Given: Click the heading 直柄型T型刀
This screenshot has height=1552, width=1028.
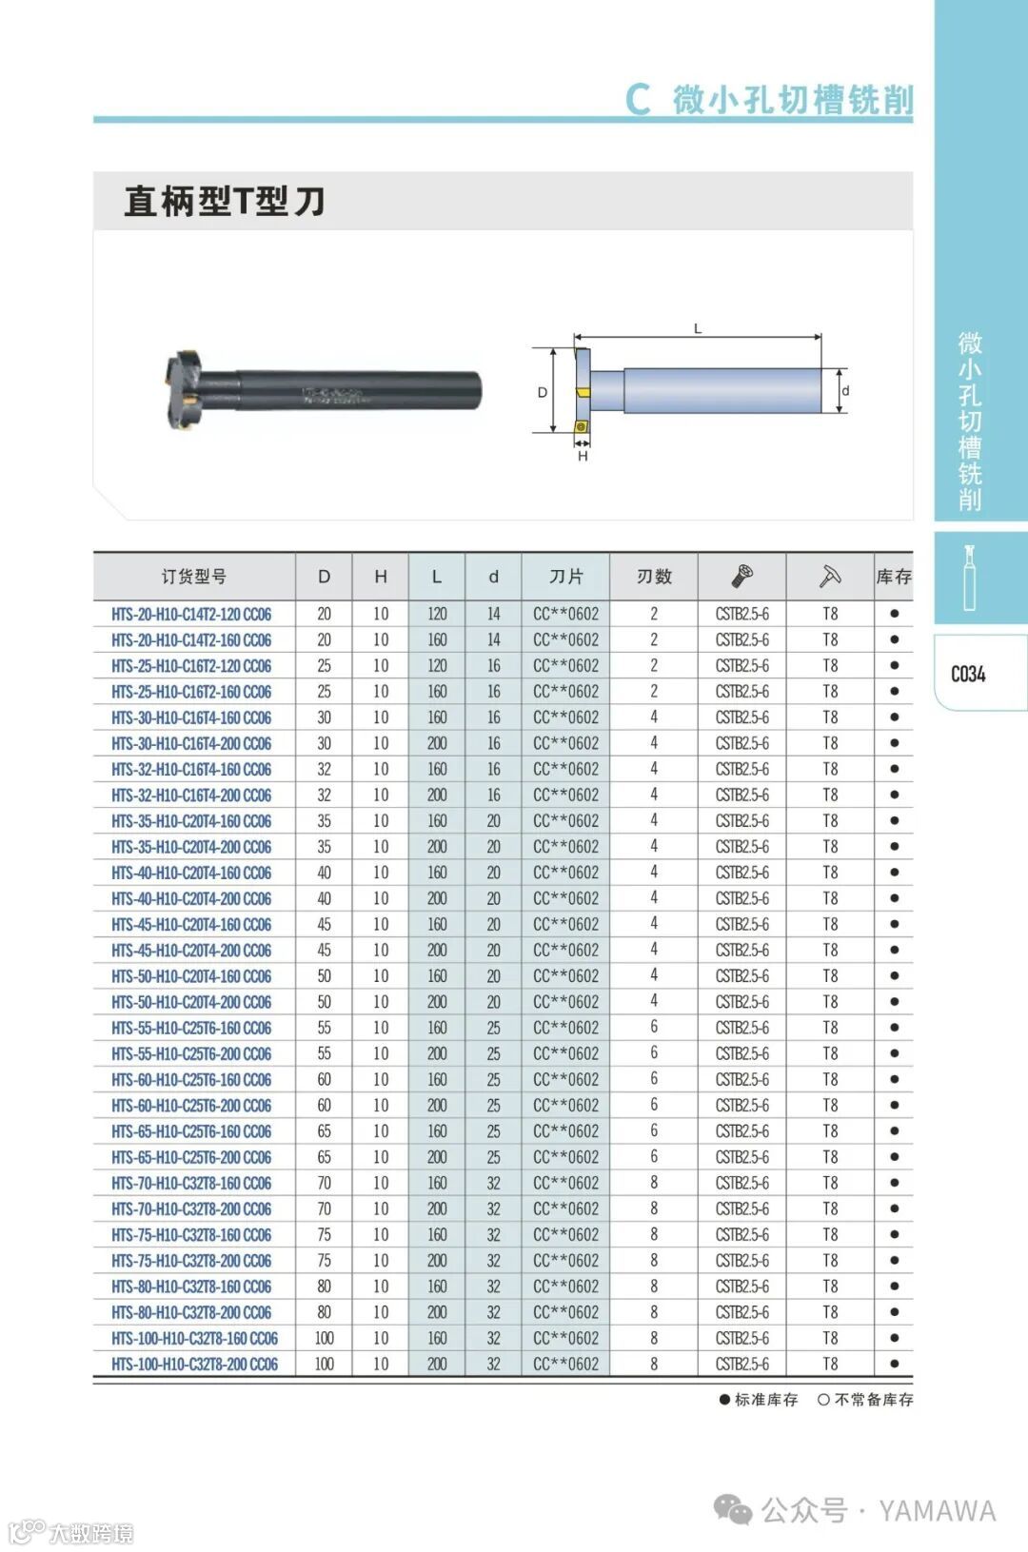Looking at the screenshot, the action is point(225,201).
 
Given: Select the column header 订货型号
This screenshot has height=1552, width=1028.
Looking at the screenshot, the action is point(194,577).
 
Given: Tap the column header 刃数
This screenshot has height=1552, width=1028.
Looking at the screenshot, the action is point(654,577).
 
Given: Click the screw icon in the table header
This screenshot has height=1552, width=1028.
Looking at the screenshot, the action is point(741,576).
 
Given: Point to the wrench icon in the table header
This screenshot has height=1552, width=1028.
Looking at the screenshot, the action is point(830,576).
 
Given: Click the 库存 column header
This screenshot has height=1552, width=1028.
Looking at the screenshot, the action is point(894,577).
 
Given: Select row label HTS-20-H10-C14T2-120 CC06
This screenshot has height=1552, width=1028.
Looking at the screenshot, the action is point(191,614).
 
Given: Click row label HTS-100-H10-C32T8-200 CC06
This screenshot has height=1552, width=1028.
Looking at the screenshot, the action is point(194,1365).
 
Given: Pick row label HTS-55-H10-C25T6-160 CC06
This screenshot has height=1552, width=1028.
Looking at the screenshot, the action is point(191,1029).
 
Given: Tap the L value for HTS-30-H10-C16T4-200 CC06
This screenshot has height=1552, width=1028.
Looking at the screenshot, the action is point(437,743).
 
